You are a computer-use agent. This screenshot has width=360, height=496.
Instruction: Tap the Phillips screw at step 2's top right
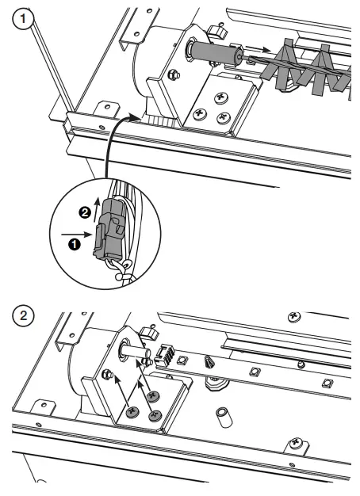(295, 317)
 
